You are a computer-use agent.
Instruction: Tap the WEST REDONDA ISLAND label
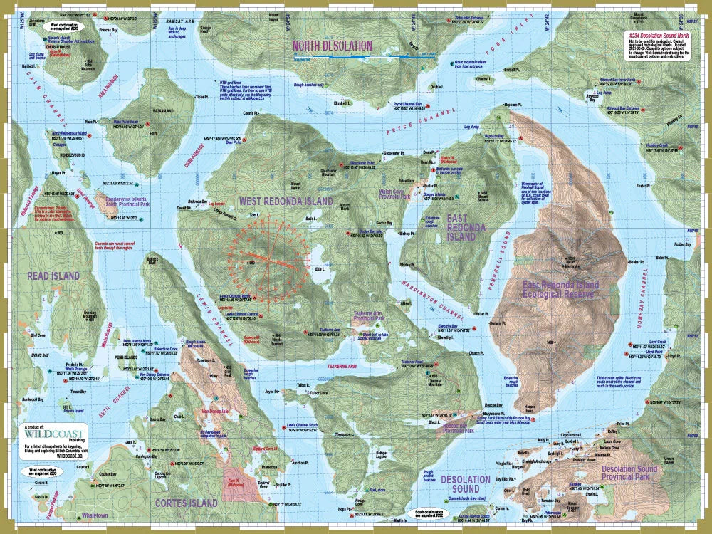tap(286, 201)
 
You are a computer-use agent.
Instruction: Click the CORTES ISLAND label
tap(187, 503)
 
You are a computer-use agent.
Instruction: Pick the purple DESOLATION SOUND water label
tap(465, 484)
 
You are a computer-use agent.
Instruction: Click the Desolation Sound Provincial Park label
tap(629, 474)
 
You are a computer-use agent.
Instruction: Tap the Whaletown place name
tap(94, 515)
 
